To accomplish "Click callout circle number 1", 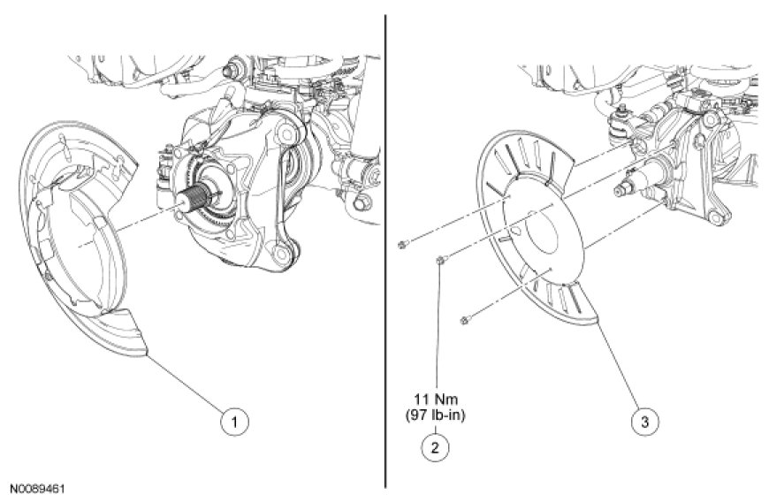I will pyautogui.click(x=233, y=422).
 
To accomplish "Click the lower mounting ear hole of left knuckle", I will pyautogui.click(x=280, y=257).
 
